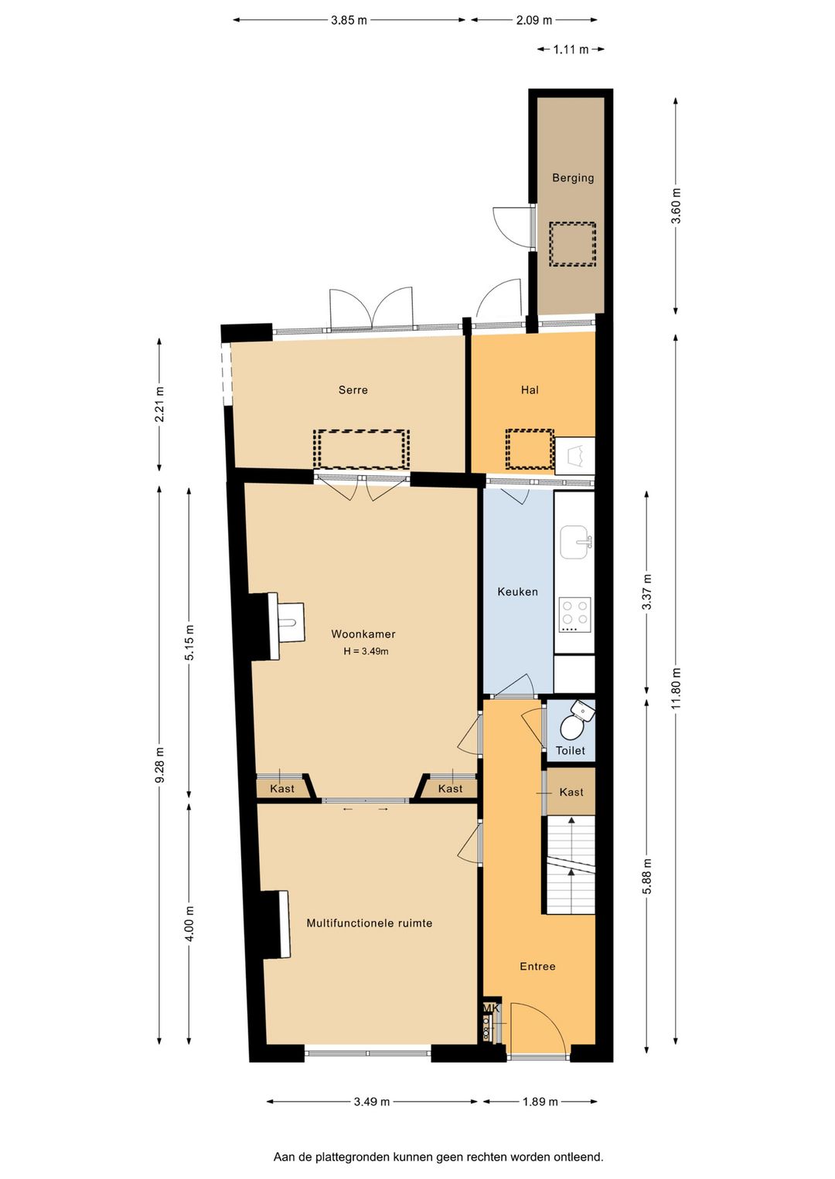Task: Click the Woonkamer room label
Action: pos(363,634)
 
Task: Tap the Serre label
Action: pos(353,390)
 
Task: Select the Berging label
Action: pos(573,178)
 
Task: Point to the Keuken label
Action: pos(517,592)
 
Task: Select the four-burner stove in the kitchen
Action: pos(574,615)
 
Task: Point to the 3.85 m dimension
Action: pos(349,20)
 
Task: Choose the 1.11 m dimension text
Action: pos(571,49)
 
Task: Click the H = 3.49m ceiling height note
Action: pos(366,651)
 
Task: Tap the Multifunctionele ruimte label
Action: pos(370,923)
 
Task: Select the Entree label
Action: pos(537,967)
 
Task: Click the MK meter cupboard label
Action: pos(491,1007)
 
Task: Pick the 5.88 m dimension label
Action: pos(647,876)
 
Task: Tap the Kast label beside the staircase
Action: pos(571,792)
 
